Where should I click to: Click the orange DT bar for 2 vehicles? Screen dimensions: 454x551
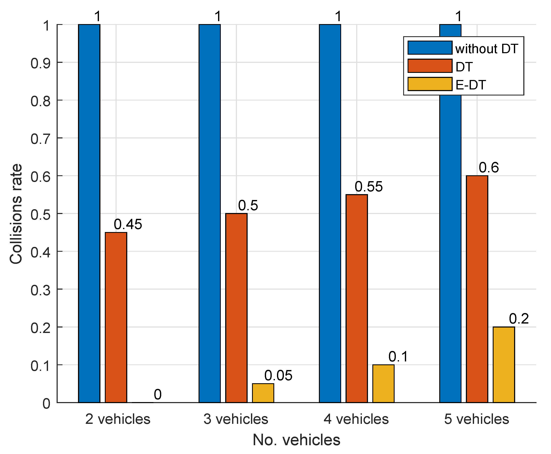116,317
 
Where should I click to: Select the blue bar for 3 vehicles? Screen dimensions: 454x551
209,213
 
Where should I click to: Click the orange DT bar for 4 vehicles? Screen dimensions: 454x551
356,298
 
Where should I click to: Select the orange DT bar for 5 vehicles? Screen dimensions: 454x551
477,289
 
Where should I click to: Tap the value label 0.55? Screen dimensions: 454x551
368,186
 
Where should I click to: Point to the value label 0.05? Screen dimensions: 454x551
278,375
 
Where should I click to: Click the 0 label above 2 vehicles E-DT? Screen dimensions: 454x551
157,394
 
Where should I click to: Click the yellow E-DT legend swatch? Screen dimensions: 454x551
430,84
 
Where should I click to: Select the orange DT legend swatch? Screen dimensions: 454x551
430,66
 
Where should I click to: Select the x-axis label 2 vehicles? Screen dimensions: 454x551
118,419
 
